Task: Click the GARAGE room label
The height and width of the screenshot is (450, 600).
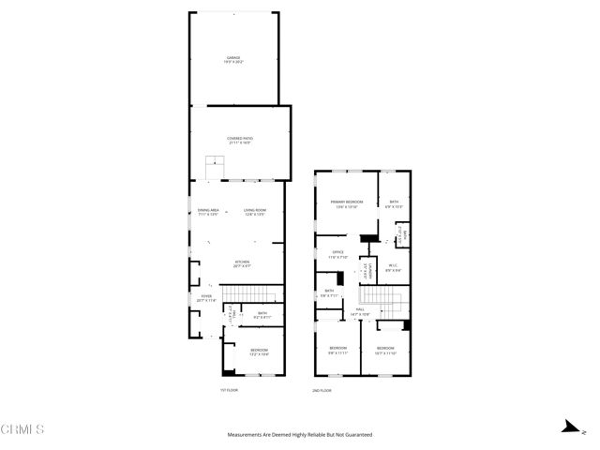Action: click(232, 59)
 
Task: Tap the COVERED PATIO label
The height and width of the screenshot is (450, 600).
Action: click(240, 141)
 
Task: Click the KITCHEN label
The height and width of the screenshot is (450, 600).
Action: click(242, 263)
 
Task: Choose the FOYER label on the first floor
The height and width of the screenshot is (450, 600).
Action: click(205, 298)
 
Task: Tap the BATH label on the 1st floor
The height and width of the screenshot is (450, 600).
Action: click(262, 316)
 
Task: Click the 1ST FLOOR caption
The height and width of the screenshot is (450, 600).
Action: click(231, 389)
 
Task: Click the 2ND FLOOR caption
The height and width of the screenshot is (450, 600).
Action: click(323, 389)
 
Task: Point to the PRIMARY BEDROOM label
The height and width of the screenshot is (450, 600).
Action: click(346, 203)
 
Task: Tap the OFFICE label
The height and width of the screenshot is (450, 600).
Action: click(338, 254)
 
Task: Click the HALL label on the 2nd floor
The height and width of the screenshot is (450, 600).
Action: click(360, 310)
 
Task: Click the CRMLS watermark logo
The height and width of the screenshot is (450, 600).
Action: click(23, 430)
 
